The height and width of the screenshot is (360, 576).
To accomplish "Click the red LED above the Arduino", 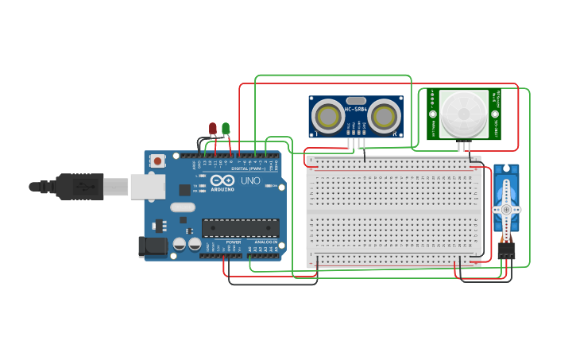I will (x=213, y=128).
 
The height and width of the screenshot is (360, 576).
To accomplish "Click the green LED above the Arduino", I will (x=226, y=128).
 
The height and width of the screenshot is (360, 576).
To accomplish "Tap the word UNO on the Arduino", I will (x=250, y=180).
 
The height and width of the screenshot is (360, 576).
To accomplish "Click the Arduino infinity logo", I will (x=223, y=180).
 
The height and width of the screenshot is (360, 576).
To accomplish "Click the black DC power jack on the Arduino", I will (x=153, y=246).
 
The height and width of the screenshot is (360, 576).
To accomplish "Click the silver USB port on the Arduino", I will (x=148, y=187).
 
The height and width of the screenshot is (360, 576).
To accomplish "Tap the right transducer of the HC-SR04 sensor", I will (x=384, y=117).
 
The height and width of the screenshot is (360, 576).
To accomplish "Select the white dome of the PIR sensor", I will (x=464, y=114).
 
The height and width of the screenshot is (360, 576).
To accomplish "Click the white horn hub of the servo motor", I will (x=505, y=210).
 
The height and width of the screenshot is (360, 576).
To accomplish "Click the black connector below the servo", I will (x=506, y=251).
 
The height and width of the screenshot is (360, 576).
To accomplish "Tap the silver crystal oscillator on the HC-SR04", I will (x=356, y=100).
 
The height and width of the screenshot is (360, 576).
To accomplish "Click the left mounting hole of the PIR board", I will (x=433, y=114).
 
